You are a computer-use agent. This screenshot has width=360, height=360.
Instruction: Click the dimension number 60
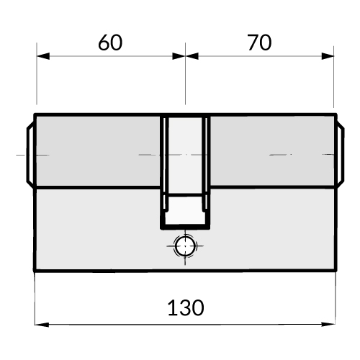(110, 42)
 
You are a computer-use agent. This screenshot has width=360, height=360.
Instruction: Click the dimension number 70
(260, 42)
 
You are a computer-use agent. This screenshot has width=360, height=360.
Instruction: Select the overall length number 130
(186, 307)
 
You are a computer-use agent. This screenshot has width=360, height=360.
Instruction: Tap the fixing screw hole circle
(185, 246)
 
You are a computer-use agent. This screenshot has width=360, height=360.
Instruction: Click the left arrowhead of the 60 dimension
(43, 56)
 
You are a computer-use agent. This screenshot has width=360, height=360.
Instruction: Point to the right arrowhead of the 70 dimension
(328, 56)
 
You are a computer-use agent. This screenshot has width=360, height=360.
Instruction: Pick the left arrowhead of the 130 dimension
(42, 325)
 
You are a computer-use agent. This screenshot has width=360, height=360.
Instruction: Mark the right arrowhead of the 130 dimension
(328, 324)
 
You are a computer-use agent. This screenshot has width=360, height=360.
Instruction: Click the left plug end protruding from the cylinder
(30, 155)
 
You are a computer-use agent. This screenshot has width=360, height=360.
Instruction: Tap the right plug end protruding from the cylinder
(341, 155)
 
